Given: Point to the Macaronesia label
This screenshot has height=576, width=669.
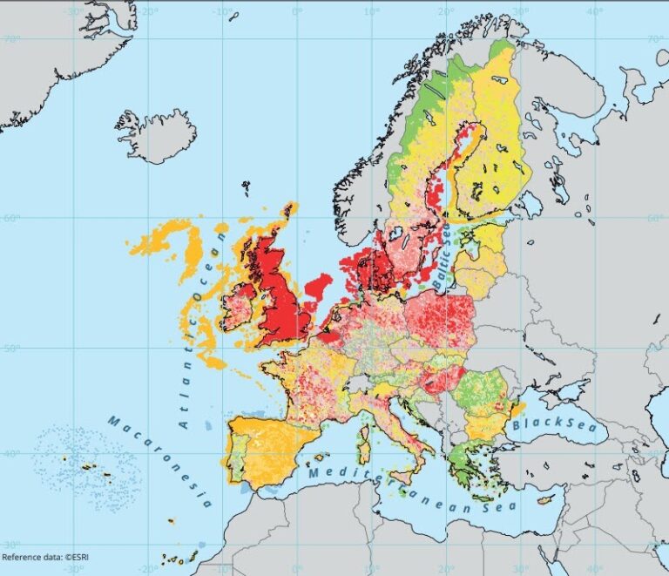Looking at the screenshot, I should point(159,461).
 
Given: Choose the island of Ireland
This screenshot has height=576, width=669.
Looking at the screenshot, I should point(237,309).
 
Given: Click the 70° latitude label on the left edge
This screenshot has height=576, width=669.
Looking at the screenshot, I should point(11,40).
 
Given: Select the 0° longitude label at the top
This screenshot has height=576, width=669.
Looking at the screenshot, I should point(297,11).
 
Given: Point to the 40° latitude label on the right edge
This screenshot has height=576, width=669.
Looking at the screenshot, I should point(656,453).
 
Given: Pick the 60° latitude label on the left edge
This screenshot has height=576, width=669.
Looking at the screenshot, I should point(11,218).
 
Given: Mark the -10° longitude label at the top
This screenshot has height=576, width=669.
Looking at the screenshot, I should point(222,11).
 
